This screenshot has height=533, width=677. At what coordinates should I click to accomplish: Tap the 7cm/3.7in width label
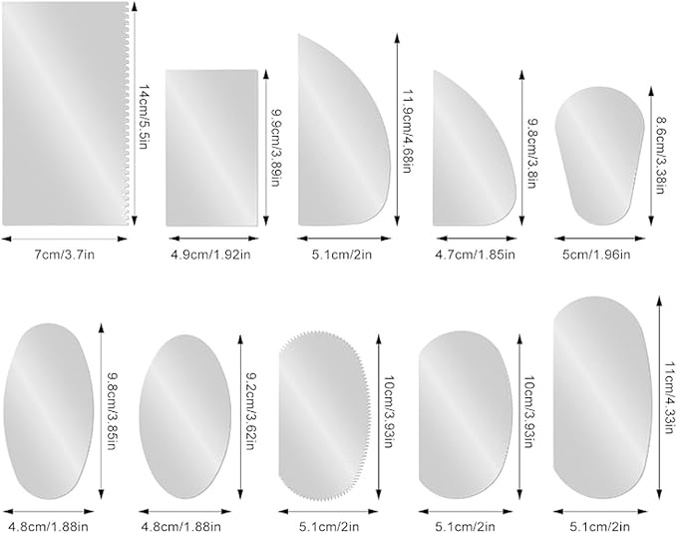click(x=65, y=256)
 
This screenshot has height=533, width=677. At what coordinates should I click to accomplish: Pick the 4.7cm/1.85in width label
click(x=475, y=256)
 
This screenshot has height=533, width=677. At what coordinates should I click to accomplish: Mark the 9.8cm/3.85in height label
click(x=113, y=405)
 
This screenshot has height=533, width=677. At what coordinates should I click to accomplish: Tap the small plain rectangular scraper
click(x=211, y=148)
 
